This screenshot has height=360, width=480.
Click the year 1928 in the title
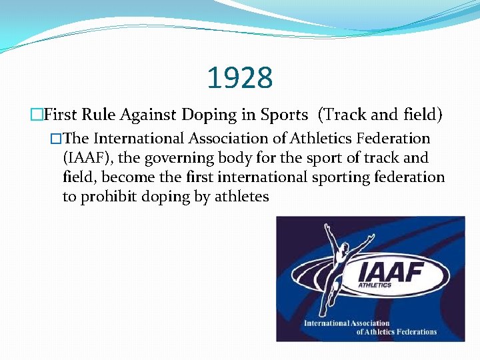(240, 78)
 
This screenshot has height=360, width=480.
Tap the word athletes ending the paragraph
(241, 197)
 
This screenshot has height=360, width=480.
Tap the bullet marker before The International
(56, 139)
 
